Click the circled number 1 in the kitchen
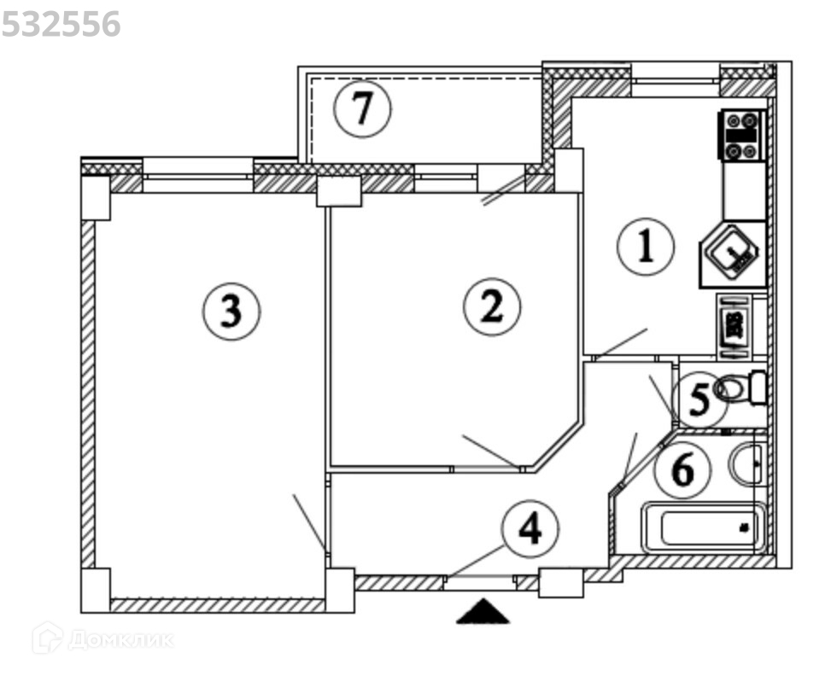pyautogui.click(x=646, y=248)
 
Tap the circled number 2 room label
pyautogui.click(x=492, y=307)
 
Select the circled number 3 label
pyautogui.click(x=231, y=312)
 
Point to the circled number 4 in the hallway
pyautogui.click(x=530, y=529)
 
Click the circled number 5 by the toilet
pyautogui.click(x=699, y=400)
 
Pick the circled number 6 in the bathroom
pyautogui.click(x=682, y=469)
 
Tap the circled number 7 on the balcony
pyautogui.click(x=362, y=110)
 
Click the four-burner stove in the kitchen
pyautogui.click(x=741, y=135)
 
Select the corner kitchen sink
pyautogui.click(x=734, y=253)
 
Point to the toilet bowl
pyautogui.click(x=740, y=389)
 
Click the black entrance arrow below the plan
pyautogui.click(x=483, y=611)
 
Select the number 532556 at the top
pyautogui.click(x=61, y=25)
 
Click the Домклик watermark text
pyautogui.click(x=120, y=639)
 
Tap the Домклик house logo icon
pyautogui.click(x=47, y=638)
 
